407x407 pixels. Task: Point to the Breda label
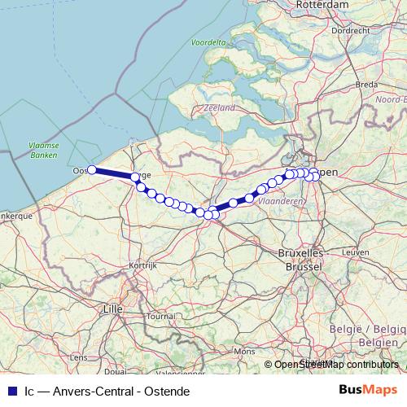click(366, 84)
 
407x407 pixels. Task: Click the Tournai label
click(161, 316)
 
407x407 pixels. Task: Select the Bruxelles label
click(300, 254)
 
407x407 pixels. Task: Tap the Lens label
click(80, 357)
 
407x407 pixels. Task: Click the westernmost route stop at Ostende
click(92, 169)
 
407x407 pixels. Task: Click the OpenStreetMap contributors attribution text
click(337, 364)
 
